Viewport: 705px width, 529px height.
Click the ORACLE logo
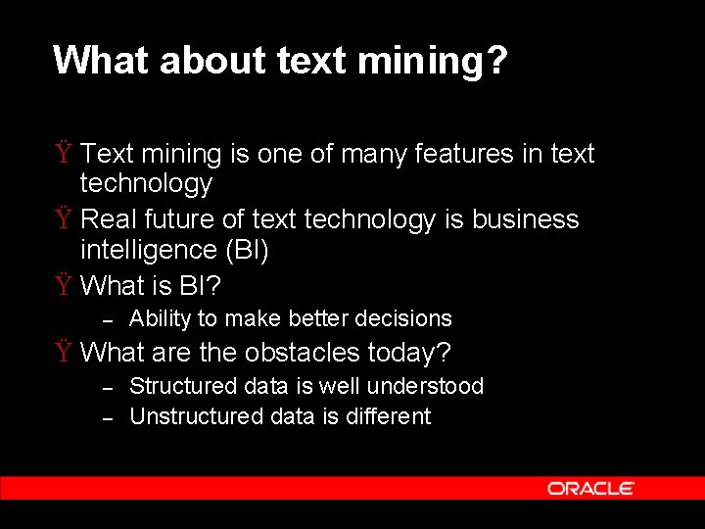click(x=590, y=488)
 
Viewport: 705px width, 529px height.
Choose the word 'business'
click(x=526, y=219)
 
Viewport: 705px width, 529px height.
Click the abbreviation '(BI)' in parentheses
click(x=247, y=250)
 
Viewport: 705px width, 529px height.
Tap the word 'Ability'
click(x=161, y=319)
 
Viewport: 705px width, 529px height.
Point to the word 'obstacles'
click(x=303, y=352)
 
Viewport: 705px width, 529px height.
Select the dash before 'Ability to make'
click(x=110, y=319)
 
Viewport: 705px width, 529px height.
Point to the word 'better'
click(x=320, y=319)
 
